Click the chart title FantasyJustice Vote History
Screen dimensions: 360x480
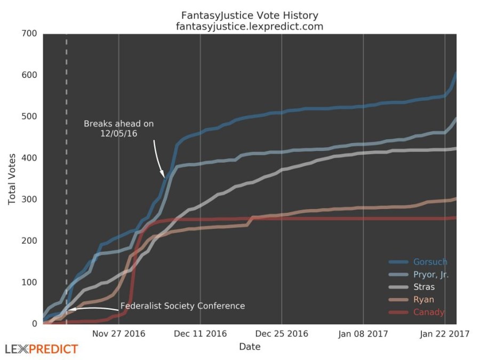click(x=250, y=15)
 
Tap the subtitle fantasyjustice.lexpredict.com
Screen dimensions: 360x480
click(x=250, y=26)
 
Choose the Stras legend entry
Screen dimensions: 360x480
click(x=423, y=287)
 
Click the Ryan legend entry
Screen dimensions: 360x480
click(x=423, y=300)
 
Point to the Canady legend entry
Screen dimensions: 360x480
click(x=428, y=313)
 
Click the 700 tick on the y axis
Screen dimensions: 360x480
click(x=29, y=34)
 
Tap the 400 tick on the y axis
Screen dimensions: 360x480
click(x=29, y=158)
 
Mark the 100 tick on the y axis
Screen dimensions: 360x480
click(x=29, y=282)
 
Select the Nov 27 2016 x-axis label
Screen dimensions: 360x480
click(x=118, y=334)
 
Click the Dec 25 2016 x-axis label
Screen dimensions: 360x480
click(x=282, y=334)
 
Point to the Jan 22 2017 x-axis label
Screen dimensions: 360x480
click(x=445, y=334)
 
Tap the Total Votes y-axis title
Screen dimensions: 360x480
click(x=12, y=179)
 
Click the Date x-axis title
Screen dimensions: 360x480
click(x=250, y=347)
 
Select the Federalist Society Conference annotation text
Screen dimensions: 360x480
click(x=182, y=306)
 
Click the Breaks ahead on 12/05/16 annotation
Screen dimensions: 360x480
click(x=118, y=129)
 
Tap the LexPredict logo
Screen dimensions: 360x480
click(x=42, y=350)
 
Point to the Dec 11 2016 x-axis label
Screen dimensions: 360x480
click(x=200, y=334)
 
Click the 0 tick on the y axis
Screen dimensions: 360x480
click(x=34, y=324)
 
